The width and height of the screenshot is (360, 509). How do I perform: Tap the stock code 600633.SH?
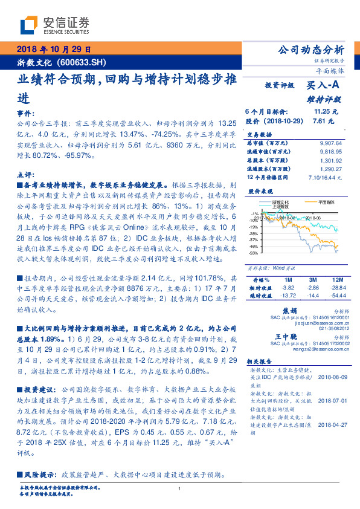(82, 62)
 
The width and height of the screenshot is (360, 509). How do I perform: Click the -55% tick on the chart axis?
(255, 253)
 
